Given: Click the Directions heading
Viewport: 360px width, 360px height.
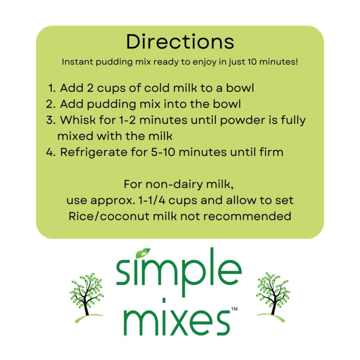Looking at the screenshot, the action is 180,41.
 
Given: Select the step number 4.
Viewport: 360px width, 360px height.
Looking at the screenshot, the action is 51,152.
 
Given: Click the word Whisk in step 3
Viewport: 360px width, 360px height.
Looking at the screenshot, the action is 78,120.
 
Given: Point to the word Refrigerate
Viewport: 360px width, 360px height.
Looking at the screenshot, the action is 94,152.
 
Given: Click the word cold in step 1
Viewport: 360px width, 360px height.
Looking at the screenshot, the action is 157,88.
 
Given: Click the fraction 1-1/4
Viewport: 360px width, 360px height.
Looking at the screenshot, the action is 152,200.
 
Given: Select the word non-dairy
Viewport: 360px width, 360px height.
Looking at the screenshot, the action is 175,184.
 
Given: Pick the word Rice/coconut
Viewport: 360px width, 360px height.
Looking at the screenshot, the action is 109,216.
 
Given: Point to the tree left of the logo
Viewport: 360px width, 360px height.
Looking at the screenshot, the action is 87,297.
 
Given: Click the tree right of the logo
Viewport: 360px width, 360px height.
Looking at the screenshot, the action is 273,297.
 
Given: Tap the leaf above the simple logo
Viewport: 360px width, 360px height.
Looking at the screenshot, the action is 143,253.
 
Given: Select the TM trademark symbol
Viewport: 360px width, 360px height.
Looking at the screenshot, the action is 234,309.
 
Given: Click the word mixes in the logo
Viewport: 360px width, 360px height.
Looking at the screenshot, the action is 177,323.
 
